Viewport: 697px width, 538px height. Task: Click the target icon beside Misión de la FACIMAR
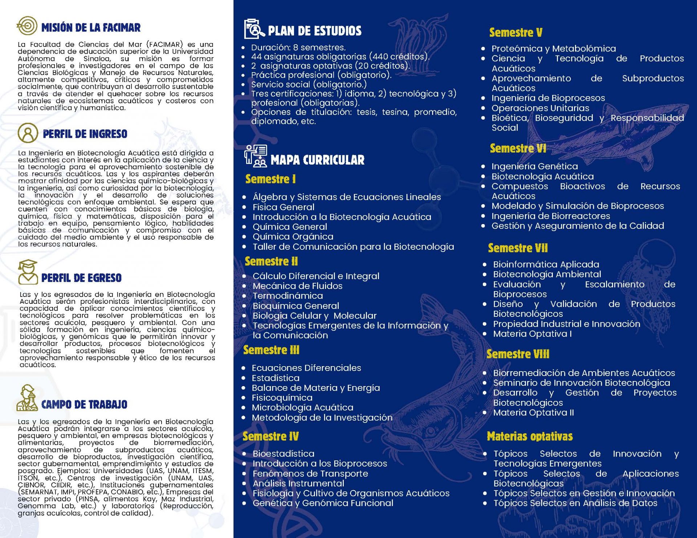click(x=27, y=26)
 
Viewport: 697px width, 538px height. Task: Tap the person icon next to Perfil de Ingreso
click(x=28, y=133)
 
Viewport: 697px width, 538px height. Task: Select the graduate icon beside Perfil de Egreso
click(x=28, y=272)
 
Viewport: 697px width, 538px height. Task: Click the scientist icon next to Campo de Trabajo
click(x=27, y=398)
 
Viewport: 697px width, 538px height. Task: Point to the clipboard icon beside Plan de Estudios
click(x=254, y=29)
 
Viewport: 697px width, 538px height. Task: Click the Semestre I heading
click(x=270, y=179)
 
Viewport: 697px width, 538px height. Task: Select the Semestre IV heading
click(x=270, y=436)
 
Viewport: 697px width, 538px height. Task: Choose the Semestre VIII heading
click(x=518, y=354)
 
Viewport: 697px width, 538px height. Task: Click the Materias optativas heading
click(x=530, y=436)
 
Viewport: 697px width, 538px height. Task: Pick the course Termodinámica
click(x=288, y=296)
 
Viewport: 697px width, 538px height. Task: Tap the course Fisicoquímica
click(x=282, y=398)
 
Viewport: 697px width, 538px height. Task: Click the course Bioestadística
click(x=284, y=454)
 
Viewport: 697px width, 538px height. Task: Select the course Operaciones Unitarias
click(x=540, y=108)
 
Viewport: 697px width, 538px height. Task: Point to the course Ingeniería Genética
click(x=534, y=166)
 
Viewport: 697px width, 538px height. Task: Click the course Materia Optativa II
click(x=533, y=413)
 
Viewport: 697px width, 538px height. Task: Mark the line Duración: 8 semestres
click(x=298, y=47)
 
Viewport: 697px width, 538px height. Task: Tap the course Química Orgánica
click(x=293, y=237)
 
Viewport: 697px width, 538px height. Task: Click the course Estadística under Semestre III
click(x=276, y=378)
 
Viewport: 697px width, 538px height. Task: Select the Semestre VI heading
click(x=518, y=148)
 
